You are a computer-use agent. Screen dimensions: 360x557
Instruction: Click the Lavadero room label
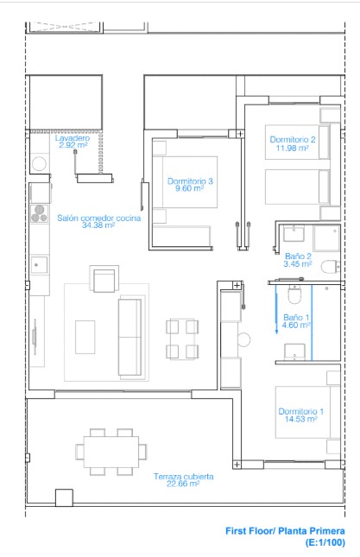(x=73, y=138)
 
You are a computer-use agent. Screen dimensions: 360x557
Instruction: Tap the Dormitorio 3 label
(x=190, y=181)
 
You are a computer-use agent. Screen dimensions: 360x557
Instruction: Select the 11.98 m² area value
(x=293, y=148)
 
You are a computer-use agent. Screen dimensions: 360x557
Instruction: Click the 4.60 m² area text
(x=296, y=325)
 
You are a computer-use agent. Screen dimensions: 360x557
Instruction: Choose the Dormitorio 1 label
(x=300, y=411)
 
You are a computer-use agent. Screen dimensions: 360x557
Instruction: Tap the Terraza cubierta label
(x=184, y=477)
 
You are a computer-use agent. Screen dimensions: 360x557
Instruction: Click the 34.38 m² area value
(x=98, y=225)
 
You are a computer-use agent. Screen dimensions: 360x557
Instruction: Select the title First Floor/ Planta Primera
(x=285, y=531)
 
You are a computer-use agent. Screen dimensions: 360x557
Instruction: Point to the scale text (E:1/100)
(x=325, y=542)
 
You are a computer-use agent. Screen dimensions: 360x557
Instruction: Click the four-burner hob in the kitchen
(x=40, y=213)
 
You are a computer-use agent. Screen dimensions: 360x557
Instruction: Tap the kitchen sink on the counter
(x=39, y=264)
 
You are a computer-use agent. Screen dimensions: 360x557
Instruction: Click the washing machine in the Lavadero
(x=39, y=164)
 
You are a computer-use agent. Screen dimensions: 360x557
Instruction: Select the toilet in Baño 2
(x=331, y=267)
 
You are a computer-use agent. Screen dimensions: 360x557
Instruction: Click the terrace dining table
(x=111, y=452)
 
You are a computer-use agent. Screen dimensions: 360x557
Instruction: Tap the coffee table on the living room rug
(x=85, y=337)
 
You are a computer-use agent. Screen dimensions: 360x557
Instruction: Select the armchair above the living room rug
(x=104, y=279)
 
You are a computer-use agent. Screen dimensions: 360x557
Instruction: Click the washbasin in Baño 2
(x=294, y=233)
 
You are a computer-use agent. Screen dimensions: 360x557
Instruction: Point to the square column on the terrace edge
(x=64, y=497)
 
